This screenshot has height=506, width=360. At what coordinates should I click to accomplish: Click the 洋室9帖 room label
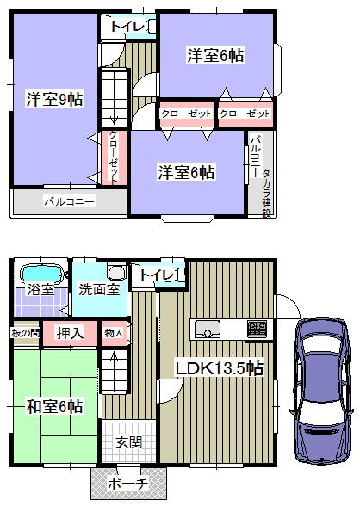click(54, 99)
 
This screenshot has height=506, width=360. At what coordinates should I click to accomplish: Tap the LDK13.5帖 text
click(220, 368)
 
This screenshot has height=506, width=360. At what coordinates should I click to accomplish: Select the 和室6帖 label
click(54, 406)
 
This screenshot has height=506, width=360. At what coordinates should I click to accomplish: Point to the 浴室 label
click(40, 290)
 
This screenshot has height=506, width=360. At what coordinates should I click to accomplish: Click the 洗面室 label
click(100, 290)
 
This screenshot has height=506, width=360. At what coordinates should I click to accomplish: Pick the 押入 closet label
click(71, 332)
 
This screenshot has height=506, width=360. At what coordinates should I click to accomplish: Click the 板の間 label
click(25, 332)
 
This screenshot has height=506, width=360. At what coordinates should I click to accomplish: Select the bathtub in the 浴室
click(41, 272)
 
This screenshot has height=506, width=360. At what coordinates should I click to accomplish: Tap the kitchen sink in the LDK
click(208, 329)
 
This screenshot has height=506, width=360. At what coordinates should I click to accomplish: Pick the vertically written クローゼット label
click(113, 155)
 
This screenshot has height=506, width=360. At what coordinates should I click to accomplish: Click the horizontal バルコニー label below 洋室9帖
click(68, 201)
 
